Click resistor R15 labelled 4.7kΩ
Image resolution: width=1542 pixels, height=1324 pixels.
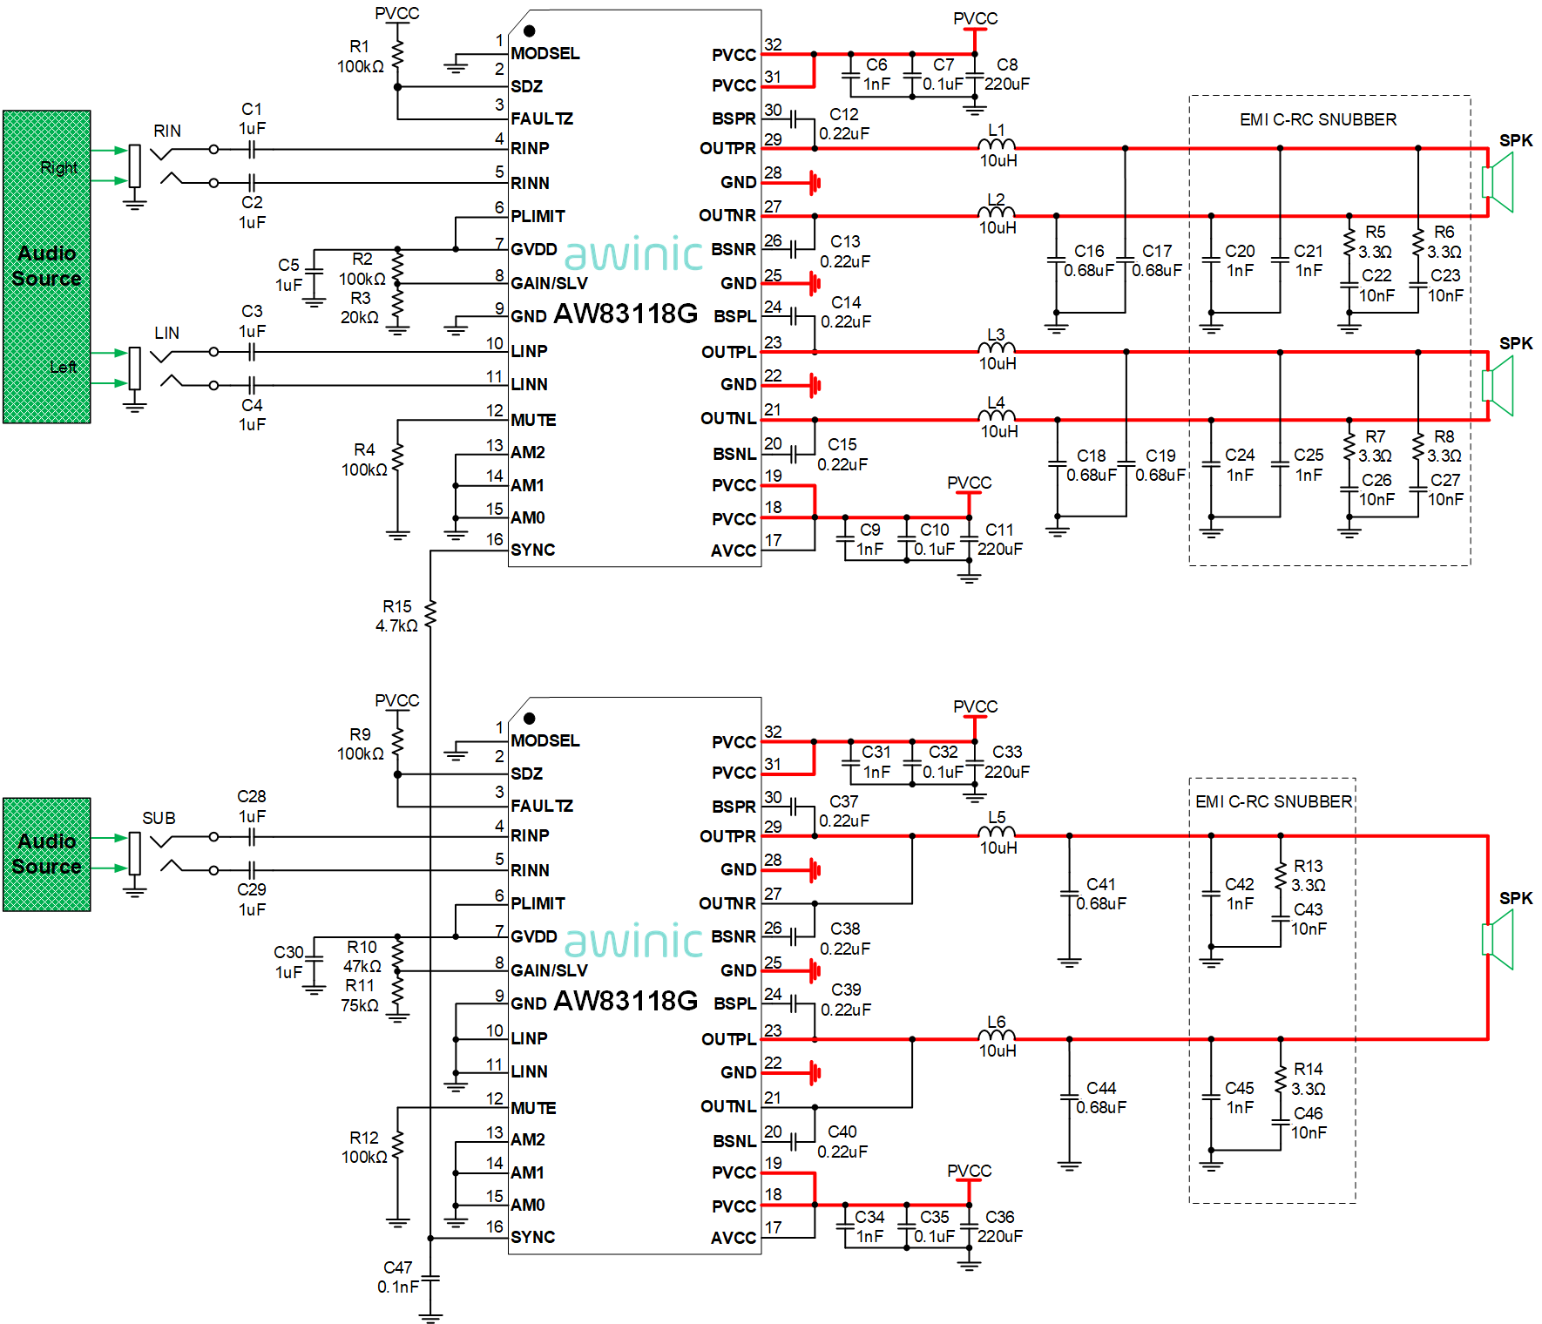[430, 614]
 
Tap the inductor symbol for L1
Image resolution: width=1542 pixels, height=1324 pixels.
[997, 144]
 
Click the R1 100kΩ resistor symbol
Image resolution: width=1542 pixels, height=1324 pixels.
[397, 53]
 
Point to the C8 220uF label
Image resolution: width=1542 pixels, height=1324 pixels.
[1007, 75]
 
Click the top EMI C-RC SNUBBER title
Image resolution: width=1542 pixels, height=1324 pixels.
[1318, 119]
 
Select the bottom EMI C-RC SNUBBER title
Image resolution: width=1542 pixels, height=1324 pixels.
[1274, 801]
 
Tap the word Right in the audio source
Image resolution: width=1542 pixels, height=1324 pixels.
[58, 167]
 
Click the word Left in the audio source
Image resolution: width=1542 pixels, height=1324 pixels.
[63, 367]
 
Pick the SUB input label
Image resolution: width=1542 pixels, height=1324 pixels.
[159, 818]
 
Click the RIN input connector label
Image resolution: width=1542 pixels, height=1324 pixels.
[167, 131]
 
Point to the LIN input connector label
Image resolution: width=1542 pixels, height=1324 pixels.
[167, 333]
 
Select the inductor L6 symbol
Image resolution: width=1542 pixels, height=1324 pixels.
[997, 1035]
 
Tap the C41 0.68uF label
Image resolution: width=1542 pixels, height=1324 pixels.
[1101, 894]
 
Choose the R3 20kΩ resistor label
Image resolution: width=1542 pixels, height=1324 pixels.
[360, 307]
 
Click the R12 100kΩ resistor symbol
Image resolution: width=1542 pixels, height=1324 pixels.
[397, 1145]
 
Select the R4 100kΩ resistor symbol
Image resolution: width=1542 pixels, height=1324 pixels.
[397, 457]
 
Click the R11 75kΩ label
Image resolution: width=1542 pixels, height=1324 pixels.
[360, 996]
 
